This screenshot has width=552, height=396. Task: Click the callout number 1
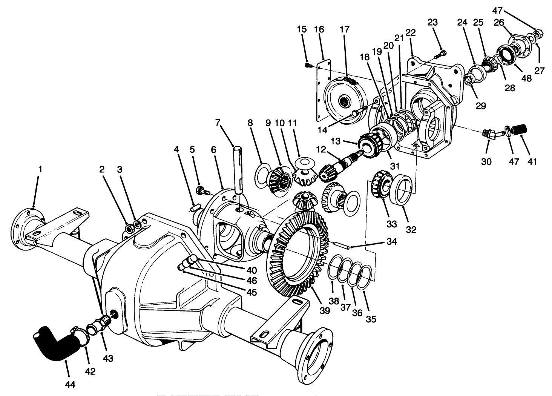[40, 169]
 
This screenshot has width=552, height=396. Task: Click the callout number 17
[344, 29]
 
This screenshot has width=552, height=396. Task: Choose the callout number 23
[432, 22]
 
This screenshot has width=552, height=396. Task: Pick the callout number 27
[539, 70]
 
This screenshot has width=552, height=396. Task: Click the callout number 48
[526, 78]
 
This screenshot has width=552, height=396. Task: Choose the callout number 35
[371, 319]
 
